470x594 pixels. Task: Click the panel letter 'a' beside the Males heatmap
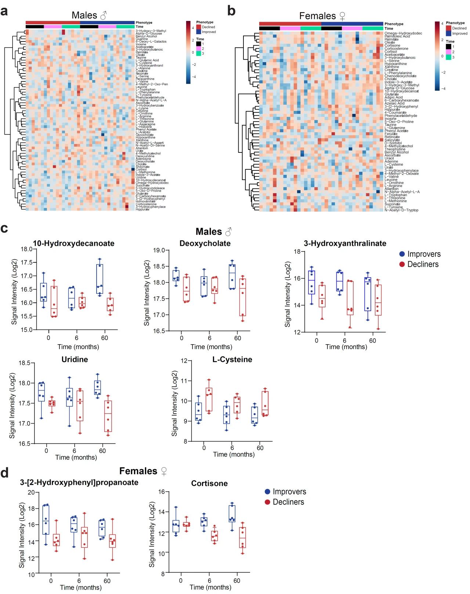pos(4,11)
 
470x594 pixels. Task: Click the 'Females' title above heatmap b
pos(317,16)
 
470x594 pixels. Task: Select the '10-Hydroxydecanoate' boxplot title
pos(73,243)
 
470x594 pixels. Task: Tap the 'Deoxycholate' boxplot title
pos(205,243)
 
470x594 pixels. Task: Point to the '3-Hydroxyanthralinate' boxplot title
pos(345,243)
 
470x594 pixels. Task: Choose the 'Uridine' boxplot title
pos(75,359)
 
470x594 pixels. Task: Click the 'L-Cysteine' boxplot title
pos(232,359)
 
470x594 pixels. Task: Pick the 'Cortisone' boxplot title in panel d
pos(209,483)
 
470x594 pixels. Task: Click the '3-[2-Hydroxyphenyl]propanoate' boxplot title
pos(79,482)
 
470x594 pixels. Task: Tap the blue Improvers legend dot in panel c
pos(402,254)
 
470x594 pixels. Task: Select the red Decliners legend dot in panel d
pos(268,502)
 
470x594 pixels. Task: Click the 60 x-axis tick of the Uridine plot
pos(102,451)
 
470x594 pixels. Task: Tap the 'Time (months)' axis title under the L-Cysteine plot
pos(234,454)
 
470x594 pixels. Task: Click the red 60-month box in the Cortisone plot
pos(242,537)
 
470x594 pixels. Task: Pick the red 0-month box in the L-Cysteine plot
pos(209,399)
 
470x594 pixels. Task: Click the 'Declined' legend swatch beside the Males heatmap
pos(199,27)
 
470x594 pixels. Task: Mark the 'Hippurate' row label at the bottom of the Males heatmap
pos(142,209)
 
